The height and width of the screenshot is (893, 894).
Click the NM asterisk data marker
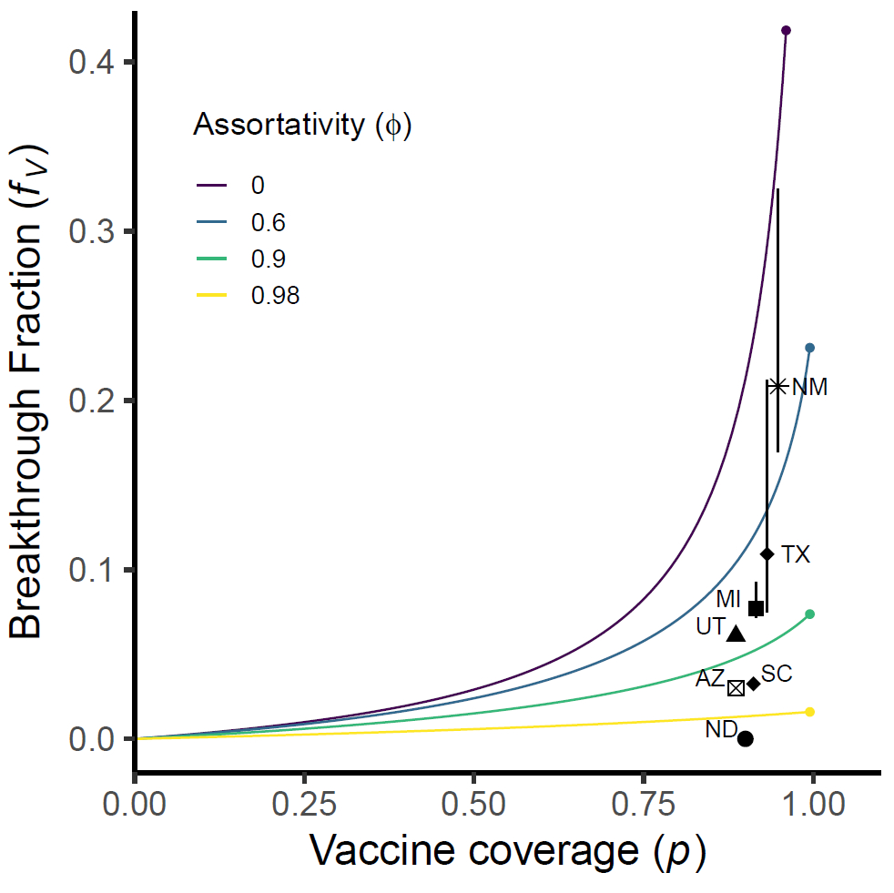click(777, 386)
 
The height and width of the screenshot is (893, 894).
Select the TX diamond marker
click(767, 553)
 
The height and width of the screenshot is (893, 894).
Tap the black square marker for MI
click(756, 608)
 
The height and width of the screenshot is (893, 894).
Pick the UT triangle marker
click(736, 634)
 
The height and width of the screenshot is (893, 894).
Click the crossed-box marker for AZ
click(736, 687)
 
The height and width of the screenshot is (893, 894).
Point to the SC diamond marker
click(753, 684)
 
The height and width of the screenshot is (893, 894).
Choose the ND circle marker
click(745, 738)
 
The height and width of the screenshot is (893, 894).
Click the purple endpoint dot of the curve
click(787, 31)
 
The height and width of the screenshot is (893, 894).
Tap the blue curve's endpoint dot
click(809, 348)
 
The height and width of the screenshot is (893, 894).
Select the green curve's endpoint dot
click(809, 614)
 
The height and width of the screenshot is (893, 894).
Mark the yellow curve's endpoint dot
click(809, 712)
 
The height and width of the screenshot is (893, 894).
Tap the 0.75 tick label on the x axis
click(644, 805)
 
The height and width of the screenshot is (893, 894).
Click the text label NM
click(809, 387)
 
